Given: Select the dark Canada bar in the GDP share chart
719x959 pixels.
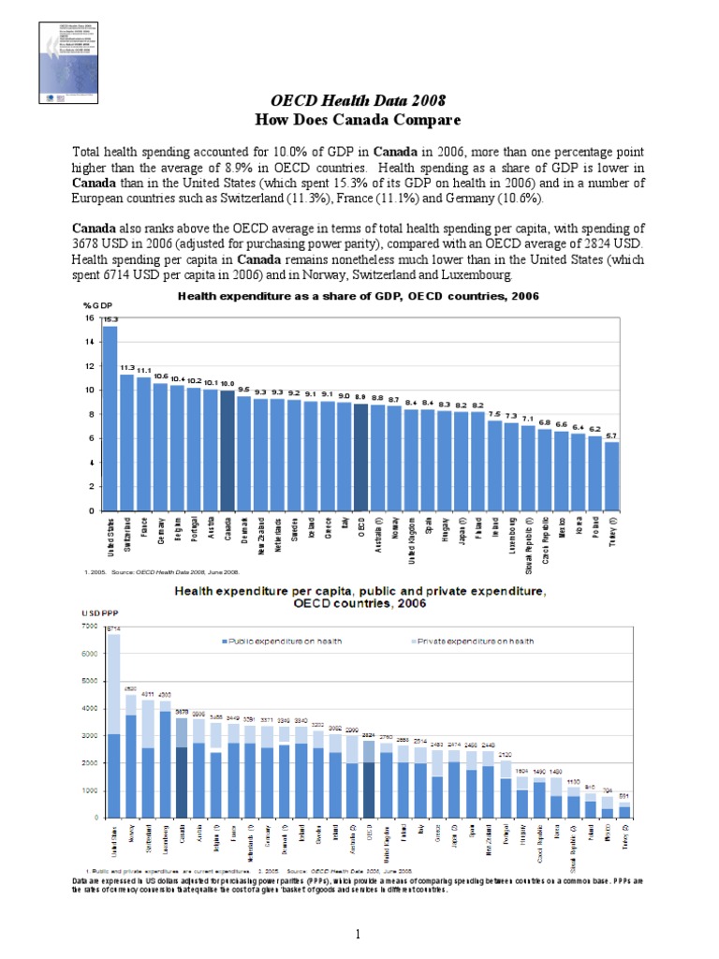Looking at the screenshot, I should pyautogui.click(x=227, y=450).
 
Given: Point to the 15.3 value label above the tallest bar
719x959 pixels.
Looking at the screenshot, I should pyautogui.click(x=110, y=319).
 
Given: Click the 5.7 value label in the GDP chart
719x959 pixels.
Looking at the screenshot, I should pyautogui.click(x=611, y=435).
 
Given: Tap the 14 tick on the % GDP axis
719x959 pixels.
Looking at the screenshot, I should pyautogui.click(x=90, y=342).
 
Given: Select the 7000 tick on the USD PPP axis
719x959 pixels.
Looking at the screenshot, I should pyautogui.click(x=90, y=625).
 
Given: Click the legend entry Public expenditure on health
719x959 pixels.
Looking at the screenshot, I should pyautogui.click(x=282, y=641).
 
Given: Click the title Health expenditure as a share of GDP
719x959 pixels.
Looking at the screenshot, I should pyautogui.click(x=359, y=296).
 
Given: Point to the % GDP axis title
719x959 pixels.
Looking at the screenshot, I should pyautogui.click(x=97, y=306).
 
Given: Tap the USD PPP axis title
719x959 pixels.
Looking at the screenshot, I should pyautogui.click(x=99, y=613).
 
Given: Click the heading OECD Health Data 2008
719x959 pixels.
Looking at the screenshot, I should pyautogui.click(x=359, y=100).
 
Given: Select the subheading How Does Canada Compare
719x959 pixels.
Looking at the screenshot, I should pyautogui.click(x=359, y=119).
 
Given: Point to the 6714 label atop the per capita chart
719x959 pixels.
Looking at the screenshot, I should pyautogui.click(x=113, y=627).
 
